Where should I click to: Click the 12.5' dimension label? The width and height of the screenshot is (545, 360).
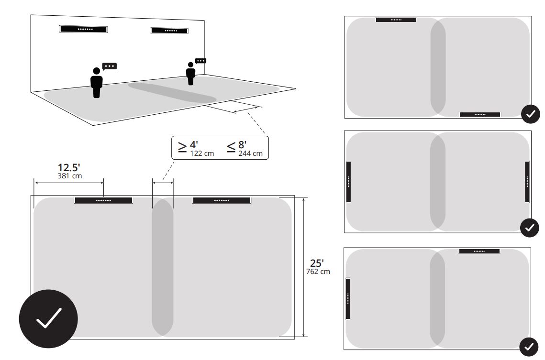pyautogui.click(x=69, y=168)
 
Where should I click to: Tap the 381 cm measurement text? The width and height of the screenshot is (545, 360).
pyautogui.click(x=70, y=176)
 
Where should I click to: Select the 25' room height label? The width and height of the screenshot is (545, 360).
pyautogui.click(x=317, y=263)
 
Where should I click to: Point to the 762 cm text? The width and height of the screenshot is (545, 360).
pyautogui.click(x=318, y=272)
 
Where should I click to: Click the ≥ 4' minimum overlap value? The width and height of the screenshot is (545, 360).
pyautogui.click(x=188, y=146)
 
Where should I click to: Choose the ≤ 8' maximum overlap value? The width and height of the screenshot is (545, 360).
pyautogui.click(x=237, y=146)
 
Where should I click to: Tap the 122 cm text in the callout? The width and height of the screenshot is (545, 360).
pyautogui.click(x=202, y=153)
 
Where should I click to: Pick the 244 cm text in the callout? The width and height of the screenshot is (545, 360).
pyautogui.click(x=251, y=153)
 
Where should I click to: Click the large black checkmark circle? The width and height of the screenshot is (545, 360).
pyautogui.click(x=48, y=319)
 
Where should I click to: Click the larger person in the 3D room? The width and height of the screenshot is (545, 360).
pyautogui.click(x=96, y=83)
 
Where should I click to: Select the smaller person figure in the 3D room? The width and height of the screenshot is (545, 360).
pyautogui.click(x=190, y=74)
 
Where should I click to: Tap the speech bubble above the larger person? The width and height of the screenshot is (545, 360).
pyautogui.click(x=110, y=66)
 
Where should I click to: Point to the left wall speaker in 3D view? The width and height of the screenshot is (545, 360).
pyautogui.click(x=83, y=29)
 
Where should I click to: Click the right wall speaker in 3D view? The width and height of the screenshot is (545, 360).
pyautogui.click(x=169, y=31)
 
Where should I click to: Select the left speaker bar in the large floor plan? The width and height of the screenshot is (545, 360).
pyautogui.click(x=103, y=200)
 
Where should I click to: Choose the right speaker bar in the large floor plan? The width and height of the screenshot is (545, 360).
pyautogui.click(x=222, y=200)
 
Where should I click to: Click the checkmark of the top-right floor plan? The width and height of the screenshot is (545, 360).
pyautogui.click(x=530, y=114)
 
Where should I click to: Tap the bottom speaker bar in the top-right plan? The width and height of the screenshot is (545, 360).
pyautogui.click(x=480, y=115)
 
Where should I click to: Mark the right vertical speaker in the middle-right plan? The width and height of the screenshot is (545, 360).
pyautogui.click(x=527, y=182)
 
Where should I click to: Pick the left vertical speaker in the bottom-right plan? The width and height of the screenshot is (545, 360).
pyautogui.click(x=348, y=298)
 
